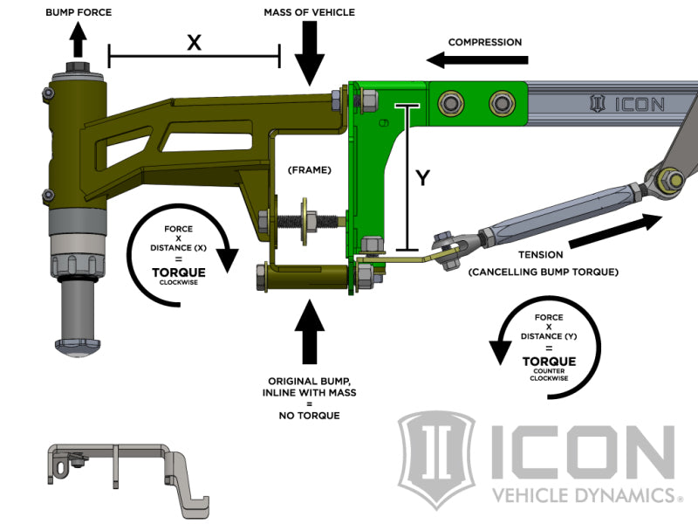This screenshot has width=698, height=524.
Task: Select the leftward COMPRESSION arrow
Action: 478,60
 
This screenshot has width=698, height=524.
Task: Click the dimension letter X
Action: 194,42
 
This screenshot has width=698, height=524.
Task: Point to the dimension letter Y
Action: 422,178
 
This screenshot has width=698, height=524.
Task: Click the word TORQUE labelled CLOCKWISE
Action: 179,272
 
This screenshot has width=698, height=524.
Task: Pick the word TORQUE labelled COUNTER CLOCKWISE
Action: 549,361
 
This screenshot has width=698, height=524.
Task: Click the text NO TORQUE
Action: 311,416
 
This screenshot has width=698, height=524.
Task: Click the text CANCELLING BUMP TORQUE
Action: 544,272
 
